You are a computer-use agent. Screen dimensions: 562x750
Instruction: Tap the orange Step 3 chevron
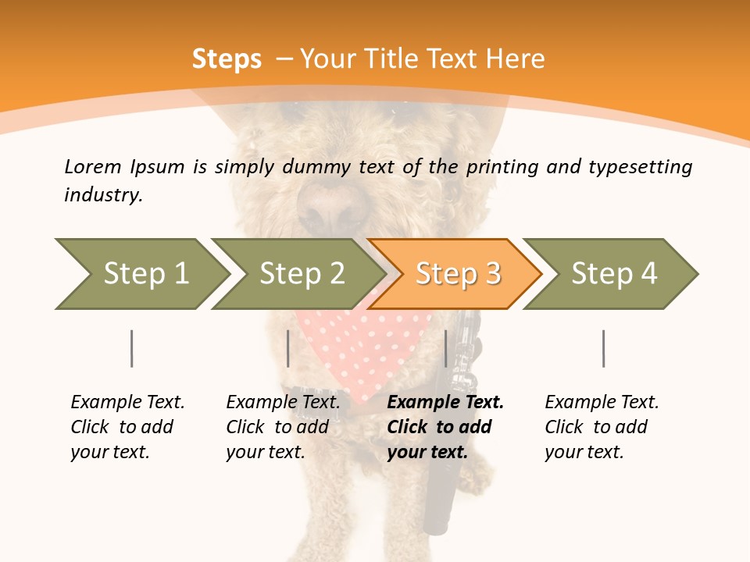coord(457,274)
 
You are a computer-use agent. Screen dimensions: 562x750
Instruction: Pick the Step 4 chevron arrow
coord(613,274)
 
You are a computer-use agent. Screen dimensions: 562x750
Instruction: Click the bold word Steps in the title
coord(227,59)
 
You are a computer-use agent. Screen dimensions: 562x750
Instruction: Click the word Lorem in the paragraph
coord(92,166)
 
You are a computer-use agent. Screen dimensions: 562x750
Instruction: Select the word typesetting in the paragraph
coord(640,167)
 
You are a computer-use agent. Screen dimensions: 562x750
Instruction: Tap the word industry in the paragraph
coord(102,195)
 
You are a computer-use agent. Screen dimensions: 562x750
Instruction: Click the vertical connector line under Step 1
coord(132,348)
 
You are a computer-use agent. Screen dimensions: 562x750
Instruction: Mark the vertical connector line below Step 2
coord(288,348)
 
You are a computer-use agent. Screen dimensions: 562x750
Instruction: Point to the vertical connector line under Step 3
coord(445,348)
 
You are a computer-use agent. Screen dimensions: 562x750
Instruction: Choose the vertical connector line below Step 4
coord(603,348)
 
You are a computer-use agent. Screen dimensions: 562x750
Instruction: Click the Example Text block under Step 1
coord(127,427)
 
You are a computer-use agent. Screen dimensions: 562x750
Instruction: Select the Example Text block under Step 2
coord(283,427)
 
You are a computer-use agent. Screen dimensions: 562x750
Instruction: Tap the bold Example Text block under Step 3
coord(445,427)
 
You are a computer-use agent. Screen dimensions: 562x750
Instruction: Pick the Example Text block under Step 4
coord(601,427)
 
